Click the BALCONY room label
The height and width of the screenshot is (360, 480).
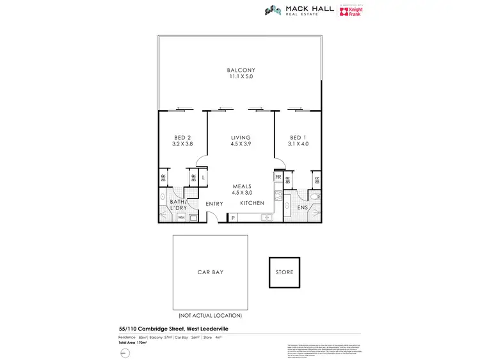[241, 70]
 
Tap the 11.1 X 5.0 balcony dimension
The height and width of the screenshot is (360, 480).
[241, 77]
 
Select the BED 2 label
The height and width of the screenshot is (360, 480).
[182, 138]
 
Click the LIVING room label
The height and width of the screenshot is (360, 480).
[241, 138]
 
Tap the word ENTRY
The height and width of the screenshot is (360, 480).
[214, 204]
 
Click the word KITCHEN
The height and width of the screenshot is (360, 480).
[252, 203]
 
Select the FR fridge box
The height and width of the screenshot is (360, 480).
[278, 177]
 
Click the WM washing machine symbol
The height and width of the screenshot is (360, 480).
[181, 218]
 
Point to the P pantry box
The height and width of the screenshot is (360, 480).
[233, 218]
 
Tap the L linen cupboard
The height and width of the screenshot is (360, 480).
[204, 177]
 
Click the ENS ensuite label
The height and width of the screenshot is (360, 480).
[303, 208]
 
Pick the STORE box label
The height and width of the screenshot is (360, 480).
[285, 272]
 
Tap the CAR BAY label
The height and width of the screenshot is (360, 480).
[210, 272]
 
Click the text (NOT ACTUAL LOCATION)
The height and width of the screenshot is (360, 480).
[210, 316]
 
